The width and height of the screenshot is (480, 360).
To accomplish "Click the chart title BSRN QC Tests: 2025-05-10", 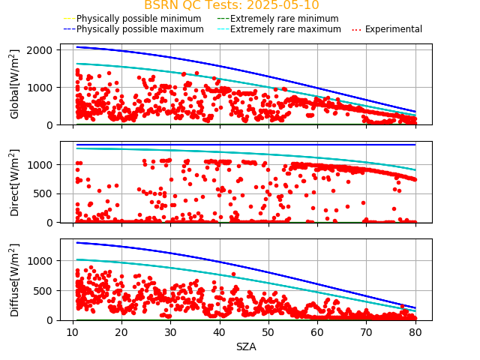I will click(231, 5).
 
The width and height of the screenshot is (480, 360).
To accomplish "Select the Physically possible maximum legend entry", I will click(139, 29).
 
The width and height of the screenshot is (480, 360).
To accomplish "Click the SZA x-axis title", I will click(246, 347).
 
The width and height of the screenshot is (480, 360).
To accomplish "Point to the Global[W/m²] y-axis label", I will click(15, 84).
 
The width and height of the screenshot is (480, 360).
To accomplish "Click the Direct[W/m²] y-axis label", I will click(15, 182).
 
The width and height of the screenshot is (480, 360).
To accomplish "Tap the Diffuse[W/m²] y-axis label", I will click(15, 280).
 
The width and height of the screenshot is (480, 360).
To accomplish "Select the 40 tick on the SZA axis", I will click(219, 332).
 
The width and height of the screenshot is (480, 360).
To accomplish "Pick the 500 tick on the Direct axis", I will click(45, 193).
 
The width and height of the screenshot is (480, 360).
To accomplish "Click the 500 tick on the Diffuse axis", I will click(45, 290).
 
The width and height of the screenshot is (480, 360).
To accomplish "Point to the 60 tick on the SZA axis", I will click(317, 332).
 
